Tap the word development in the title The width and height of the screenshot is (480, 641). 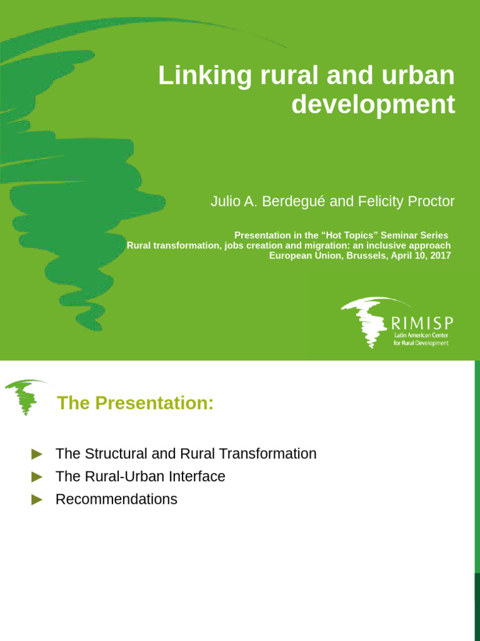tap(373, 105)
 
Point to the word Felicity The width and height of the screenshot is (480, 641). tap(380, 202)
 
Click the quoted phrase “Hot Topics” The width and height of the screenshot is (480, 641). tap(349, 235)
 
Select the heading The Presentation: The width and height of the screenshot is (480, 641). tap(135, 404)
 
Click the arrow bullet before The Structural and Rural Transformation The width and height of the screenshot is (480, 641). tap(37, 454)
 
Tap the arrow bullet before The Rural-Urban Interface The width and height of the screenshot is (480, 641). tap(37, 477)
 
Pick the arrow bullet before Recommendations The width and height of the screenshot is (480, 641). tap(37, 500)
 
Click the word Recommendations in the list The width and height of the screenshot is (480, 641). tap(116, 500)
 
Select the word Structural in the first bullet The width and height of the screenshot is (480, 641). tap(116, 454)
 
